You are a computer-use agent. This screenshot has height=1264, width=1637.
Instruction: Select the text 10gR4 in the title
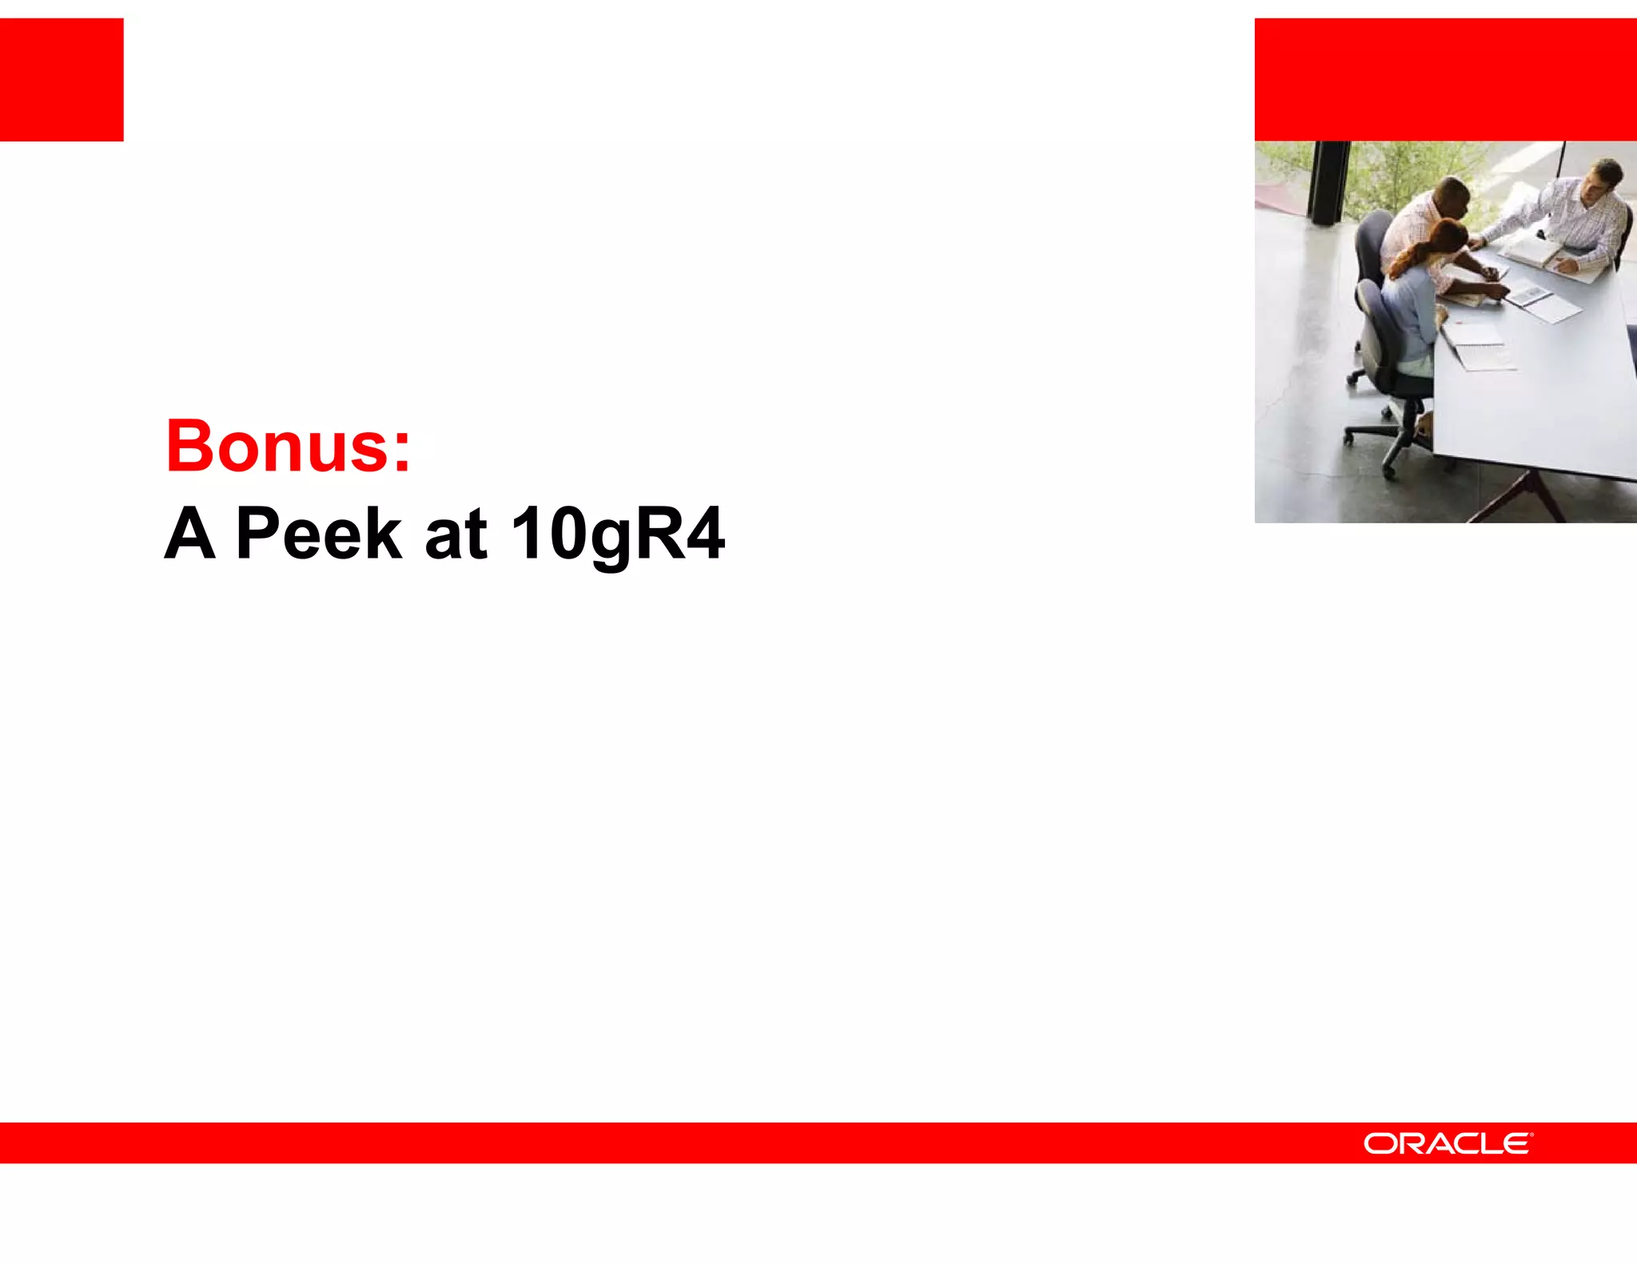pos(617,533)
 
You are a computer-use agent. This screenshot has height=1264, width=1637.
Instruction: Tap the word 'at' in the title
pos(456,533)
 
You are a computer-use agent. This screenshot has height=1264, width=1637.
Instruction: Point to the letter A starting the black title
pos(190,533)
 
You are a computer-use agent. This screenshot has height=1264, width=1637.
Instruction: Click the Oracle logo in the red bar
pos(1448,1143)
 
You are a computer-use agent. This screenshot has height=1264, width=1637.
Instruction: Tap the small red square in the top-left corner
pos(62,79)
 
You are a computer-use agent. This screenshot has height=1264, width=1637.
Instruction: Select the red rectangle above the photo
pos(1445,79)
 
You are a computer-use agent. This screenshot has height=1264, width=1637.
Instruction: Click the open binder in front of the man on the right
pos(1531,254)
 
